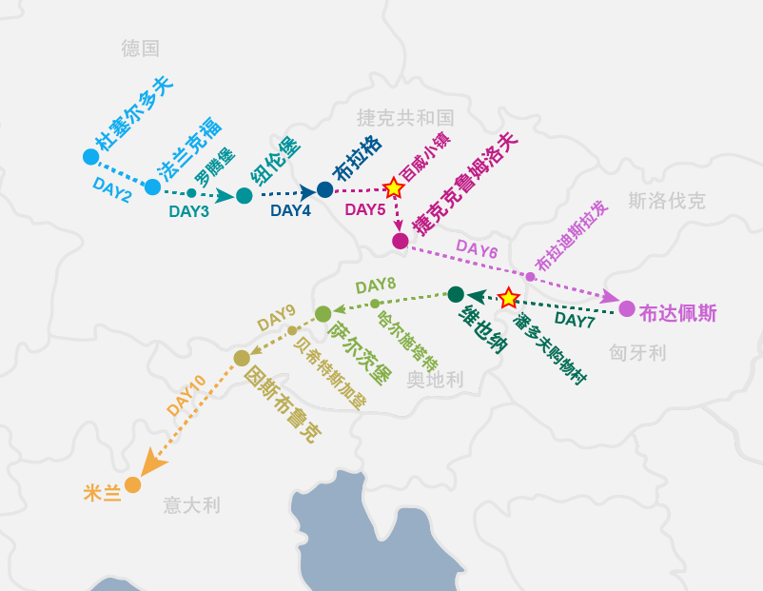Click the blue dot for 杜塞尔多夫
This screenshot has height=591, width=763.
pos(90,156)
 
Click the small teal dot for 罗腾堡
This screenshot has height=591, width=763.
pos(191,193)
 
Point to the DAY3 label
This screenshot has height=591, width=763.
pos(188,211)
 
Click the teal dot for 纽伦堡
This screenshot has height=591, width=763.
pos(245,196)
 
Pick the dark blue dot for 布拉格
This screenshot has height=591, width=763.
pos(324,189)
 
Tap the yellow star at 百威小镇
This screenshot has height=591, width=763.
pos(393,187)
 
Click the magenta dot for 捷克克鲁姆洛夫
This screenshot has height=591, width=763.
pos(401,241)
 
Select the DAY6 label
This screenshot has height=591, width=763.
pos(477,249)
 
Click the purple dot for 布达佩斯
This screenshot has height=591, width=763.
pos(627,308)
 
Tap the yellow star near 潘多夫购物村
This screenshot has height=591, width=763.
pos(509,298)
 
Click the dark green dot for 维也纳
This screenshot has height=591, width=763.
pos(456,294)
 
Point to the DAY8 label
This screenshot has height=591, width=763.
pos(375,285)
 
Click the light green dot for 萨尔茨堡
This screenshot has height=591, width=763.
pos(323,313)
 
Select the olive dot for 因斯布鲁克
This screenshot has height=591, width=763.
pos(242,358)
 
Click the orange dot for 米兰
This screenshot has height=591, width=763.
pos(132,485)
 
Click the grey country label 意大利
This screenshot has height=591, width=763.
pos(191,505)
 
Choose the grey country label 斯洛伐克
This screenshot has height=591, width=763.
pos(667,201)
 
